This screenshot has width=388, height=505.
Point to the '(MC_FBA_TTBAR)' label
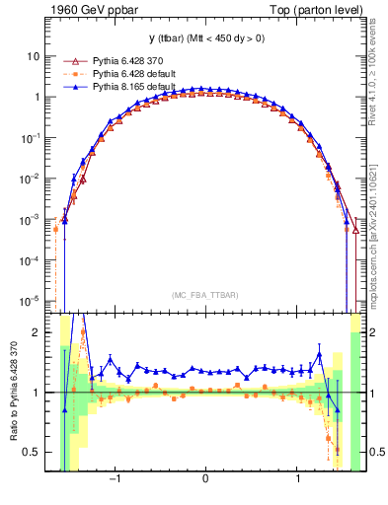(204, 295)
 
